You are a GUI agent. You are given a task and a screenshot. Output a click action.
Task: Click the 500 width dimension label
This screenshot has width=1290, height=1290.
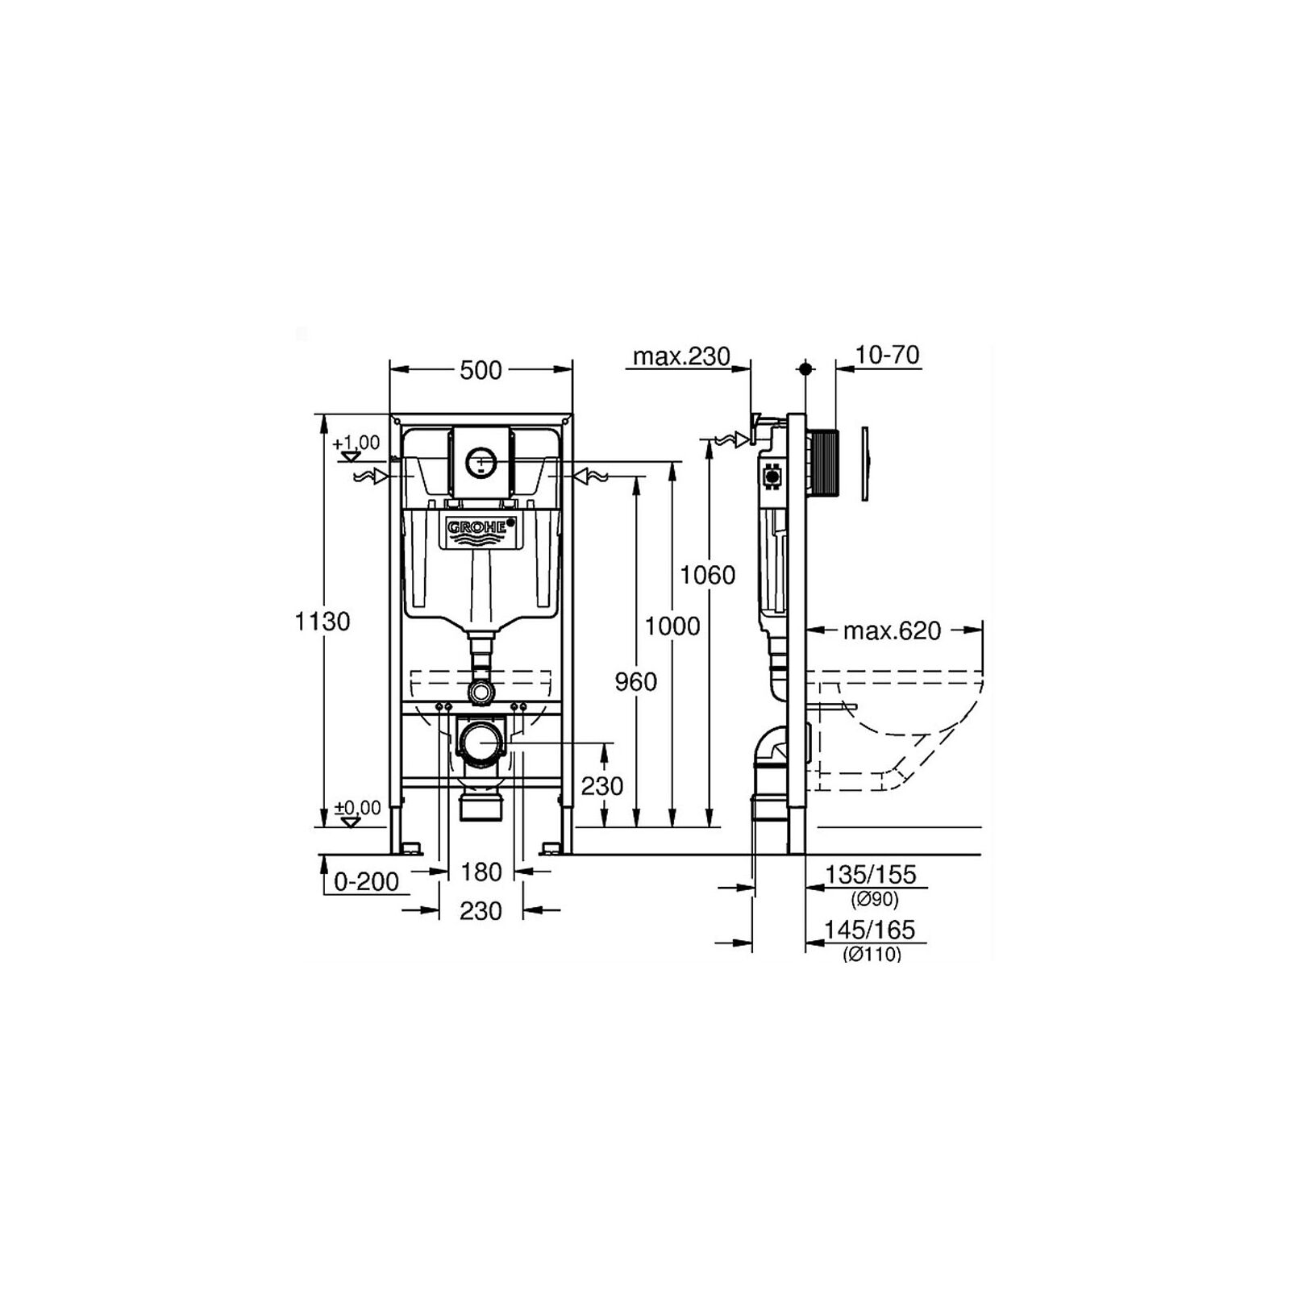pyautogui.click(x=481, y=370)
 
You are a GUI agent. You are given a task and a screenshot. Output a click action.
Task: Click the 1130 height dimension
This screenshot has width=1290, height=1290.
pyautogui.click(x=322, y=622)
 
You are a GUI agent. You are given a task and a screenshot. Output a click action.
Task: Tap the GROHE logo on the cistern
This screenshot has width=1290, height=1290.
pyautogui.click(x=481, y=527)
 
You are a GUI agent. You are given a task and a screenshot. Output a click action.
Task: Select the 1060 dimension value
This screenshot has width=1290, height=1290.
pyautogui.click(x=708, y=575)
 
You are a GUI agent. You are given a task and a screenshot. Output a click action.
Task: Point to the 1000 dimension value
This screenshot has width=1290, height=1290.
pyautogui.click(x=672, y=626)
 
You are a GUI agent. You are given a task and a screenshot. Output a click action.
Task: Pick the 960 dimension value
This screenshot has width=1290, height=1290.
pyautogui.click(x=636, y=682)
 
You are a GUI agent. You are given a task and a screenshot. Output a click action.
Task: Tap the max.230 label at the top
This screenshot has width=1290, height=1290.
pyautogui.click(x=681, y=356)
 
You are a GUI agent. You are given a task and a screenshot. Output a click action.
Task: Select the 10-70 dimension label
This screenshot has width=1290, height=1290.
pyautogui.click(x=888, y=355)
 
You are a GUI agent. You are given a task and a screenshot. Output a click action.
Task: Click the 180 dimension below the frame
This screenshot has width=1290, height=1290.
pyautogui.click(x=481, y=872)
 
